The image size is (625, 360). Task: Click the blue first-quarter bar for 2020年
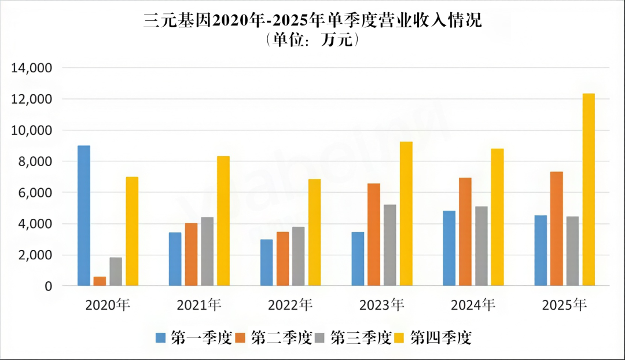(x=84, y=215)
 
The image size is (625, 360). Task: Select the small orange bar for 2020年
(x=100, y=281)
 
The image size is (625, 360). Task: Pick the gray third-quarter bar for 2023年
(x=390, y=245)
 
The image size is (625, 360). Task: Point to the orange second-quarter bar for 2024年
(x=465, y=232)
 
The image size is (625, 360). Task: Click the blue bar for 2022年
(x=266, y=263)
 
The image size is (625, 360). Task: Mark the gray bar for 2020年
(x=116, y=271)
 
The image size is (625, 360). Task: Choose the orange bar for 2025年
(x=557, y=229)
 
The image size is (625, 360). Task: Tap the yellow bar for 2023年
(x=406, y=214)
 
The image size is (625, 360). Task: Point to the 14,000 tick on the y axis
(x=32, y=68)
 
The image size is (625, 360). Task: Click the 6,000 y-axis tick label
(x=36, y=193)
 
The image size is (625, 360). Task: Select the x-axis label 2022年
(x=290, y=305)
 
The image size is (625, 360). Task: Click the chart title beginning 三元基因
(x=312, y=21)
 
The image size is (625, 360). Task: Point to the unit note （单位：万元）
(x=312, y=41)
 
